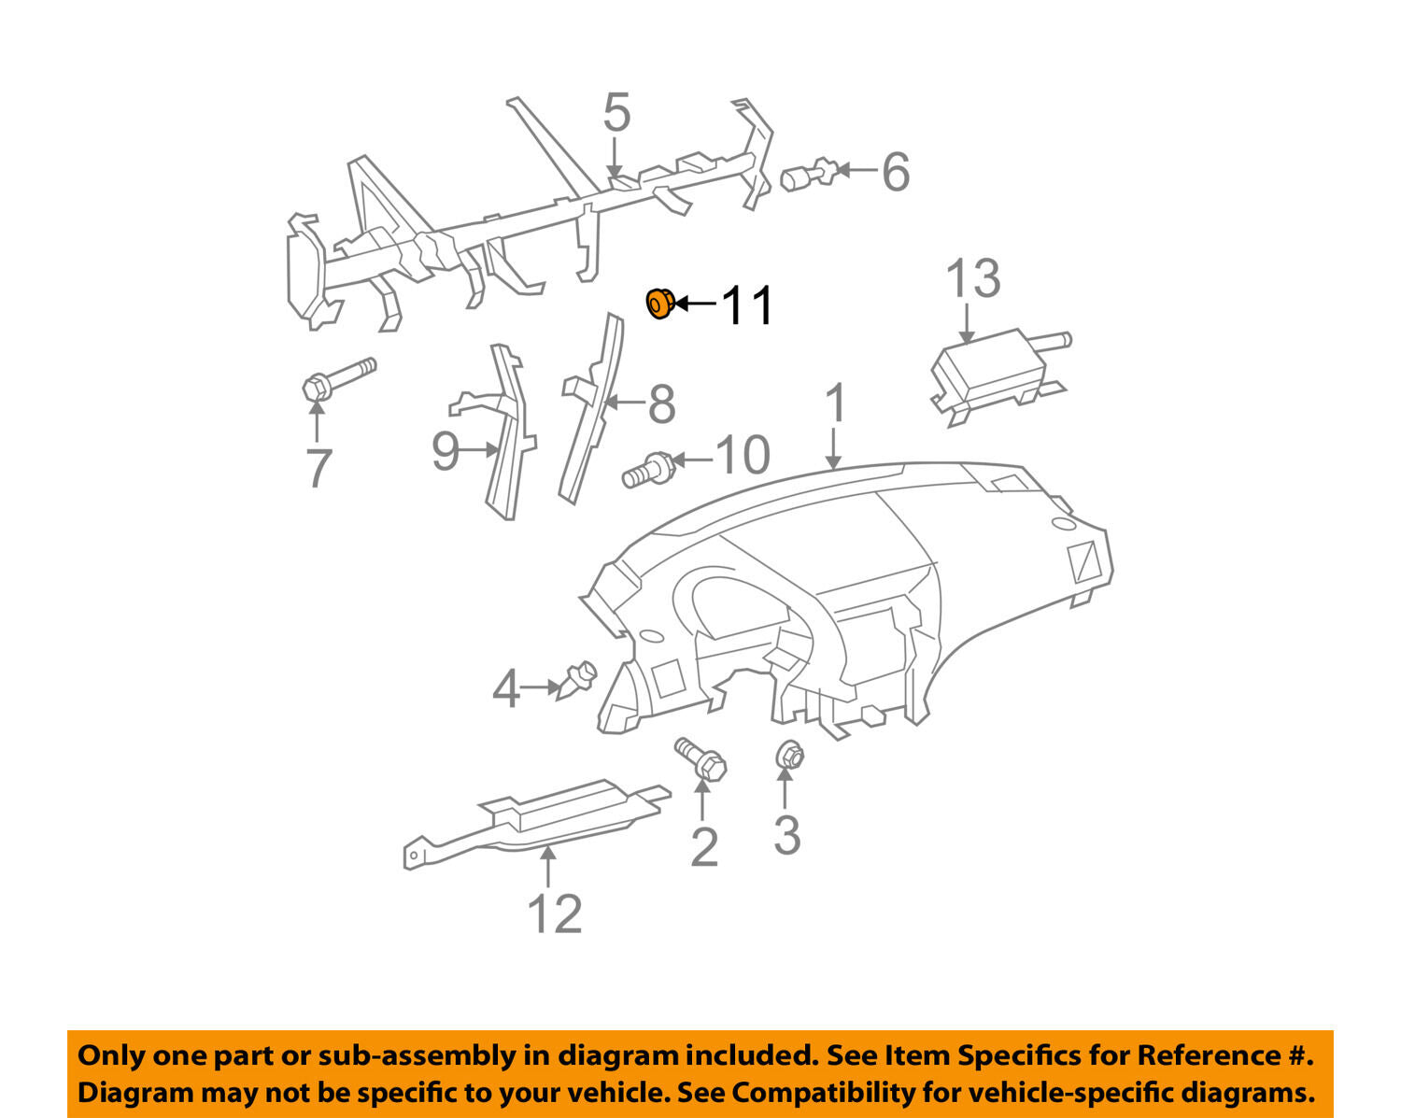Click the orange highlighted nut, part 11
pos(659,304)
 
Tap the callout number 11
pos(746,304)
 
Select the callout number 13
pos(972,278)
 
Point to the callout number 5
pos(616,112)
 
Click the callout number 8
pos(661,403)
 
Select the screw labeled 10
pos(648,470)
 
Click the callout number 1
pos(836,403)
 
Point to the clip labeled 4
pos(576,681)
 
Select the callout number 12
pos(554,914)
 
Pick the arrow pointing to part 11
pos(695,304)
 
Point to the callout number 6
pos(895,173)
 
